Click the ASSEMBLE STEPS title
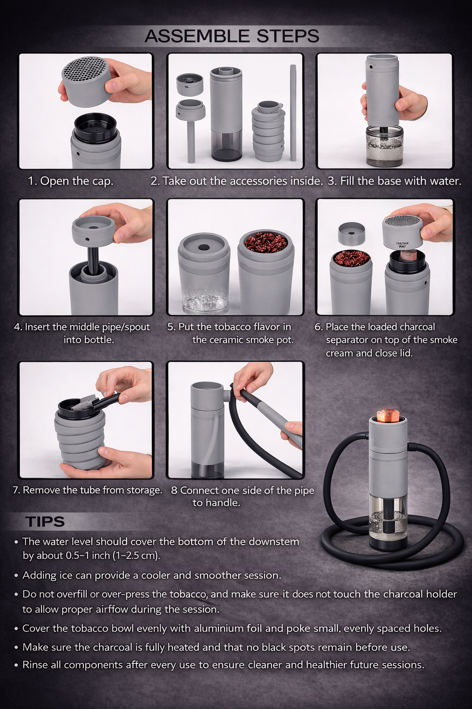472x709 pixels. (x=232, y=36)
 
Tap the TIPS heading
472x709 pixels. (x=45, y=522)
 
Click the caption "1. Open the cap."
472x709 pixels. (x=71, y=181)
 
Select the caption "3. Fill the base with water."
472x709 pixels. (x=395, y=181)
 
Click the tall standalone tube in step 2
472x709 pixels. (x=293, y=112)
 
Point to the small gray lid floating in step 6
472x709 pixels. (x=352, y=233)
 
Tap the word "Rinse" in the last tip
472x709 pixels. (x=36, y=665)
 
